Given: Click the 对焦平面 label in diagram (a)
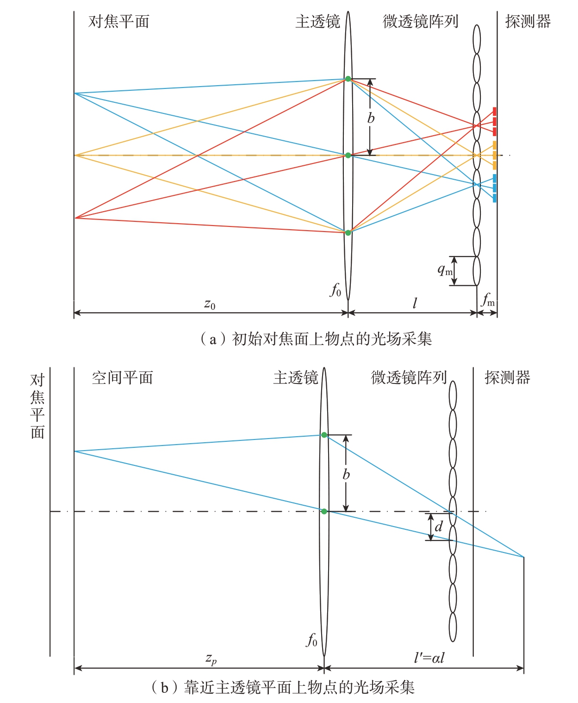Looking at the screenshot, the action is click(x=118, y=22).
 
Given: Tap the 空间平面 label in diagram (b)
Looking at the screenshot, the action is click(x=122, y=378).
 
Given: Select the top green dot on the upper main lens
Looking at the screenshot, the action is click(x=348, y=79).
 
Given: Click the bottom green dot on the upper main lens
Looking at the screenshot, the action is click(x=348, y=232).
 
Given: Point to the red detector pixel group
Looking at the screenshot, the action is click(x=494, y=122).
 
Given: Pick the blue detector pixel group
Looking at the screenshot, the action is click(x=494, y=188).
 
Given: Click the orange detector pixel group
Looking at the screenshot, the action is click(x=494, y=155).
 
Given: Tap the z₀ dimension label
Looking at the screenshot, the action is click(x=210, y=304).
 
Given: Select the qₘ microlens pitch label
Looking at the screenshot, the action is click(x=445, y=270).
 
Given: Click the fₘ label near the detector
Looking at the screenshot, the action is click(x=488, y=299).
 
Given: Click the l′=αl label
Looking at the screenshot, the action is click(x=429, y=658).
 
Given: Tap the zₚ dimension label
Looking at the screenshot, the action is click(x=211, y=659).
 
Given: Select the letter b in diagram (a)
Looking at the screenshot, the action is click(x=371, y=118).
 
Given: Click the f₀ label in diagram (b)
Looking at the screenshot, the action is click(x=311, y=640).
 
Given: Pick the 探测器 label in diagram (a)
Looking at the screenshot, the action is click(x=528, y=22).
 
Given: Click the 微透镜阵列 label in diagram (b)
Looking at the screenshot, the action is click(x=409, y=378).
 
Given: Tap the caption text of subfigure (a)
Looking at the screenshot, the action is click(x=316, y=339).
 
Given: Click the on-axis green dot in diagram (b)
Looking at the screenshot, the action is click(x=324, y=511).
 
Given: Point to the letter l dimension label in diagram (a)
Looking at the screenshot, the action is click(x=415, y=303).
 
